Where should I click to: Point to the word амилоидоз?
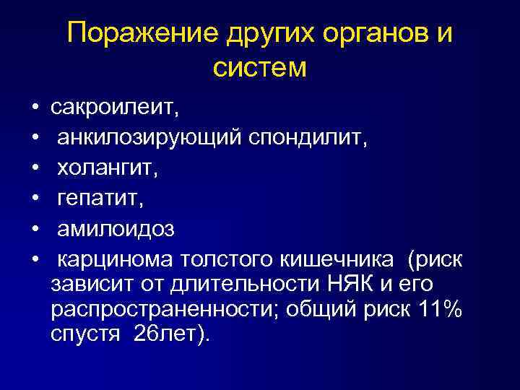coord(116,228)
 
